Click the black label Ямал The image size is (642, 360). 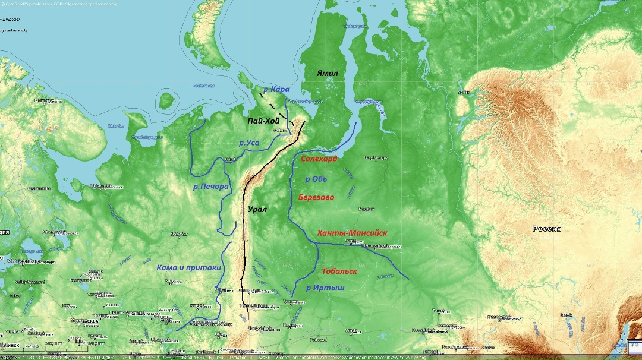point(328,73)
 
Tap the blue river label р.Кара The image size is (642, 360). point(276,89)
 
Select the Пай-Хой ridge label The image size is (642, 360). point(263,121)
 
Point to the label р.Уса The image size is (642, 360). point(249,143)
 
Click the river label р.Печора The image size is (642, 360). point(211,187)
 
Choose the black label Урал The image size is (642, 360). point(257,209)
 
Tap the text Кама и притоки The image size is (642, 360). point(188,268)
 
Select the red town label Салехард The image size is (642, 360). point(319,159)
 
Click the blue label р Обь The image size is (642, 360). point(316,178)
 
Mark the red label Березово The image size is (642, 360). point(316,197)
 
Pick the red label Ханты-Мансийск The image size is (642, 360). point(353,232)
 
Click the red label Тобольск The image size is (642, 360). point(339,271)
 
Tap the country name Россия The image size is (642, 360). point(547,229)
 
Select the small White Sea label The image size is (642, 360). point(115,126)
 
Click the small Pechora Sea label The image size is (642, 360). point(203,86)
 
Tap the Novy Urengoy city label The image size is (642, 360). point(376,157)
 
